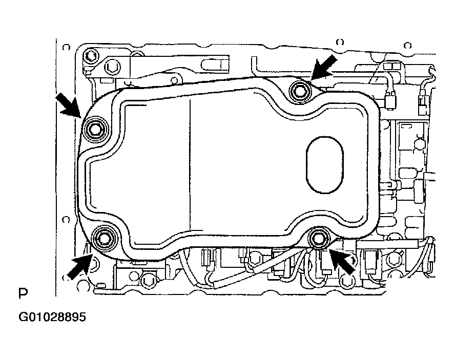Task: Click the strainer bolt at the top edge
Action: point(298,91)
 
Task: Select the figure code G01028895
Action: point(52,317)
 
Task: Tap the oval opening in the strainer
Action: point(324,164)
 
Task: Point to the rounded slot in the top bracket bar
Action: point(215,65)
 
